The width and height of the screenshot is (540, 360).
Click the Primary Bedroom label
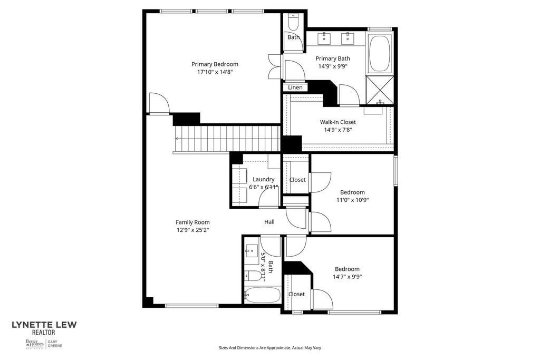[215, 64]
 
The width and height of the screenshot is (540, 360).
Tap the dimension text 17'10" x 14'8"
[215, 72]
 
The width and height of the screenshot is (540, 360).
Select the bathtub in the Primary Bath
[380, 53]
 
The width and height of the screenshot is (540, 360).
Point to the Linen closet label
[295, 87]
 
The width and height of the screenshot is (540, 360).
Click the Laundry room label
[263, 179]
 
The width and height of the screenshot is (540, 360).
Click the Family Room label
[192, 222]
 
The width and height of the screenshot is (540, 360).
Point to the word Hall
[269, 222]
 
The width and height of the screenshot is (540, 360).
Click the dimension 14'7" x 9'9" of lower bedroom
[347, 277]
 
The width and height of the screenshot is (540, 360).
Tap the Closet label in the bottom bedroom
[296, 294]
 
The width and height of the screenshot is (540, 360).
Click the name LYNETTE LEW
[44, 325]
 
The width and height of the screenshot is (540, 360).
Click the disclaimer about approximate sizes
[270, 348]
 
